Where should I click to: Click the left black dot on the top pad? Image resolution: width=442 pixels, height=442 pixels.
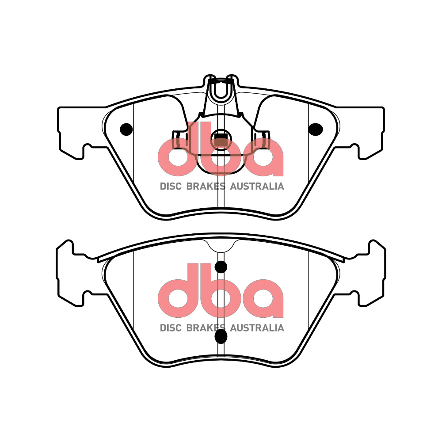pyautogui.click(x=126, y=129)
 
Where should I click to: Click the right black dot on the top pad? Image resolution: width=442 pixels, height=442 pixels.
pyautogui.click(x=316, y=129)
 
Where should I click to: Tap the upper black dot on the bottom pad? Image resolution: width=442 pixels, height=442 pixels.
pyautogui.click(x=221, y=267)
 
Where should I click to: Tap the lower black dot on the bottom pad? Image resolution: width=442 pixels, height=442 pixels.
pyautogui.click(x=221, y=336)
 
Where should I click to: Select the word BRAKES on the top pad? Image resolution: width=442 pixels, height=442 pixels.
pyautogui.click(x=206, y=187)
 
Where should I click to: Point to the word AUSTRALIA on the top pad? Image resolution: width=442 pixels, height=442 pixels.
pyautogui.click(x=257, y=187)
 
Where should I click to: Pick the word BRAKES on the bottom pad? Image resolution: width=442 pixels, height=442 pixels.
pyautogui.click(x=206, y=328)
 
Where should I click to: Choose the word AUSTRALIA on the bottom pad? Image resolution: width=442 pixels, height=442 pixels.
pyautogui.click(x=257, y=328)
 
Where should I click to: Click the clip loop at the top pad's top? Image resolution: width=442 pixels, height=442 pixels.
pyautogui.click(x=220, y=91)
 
